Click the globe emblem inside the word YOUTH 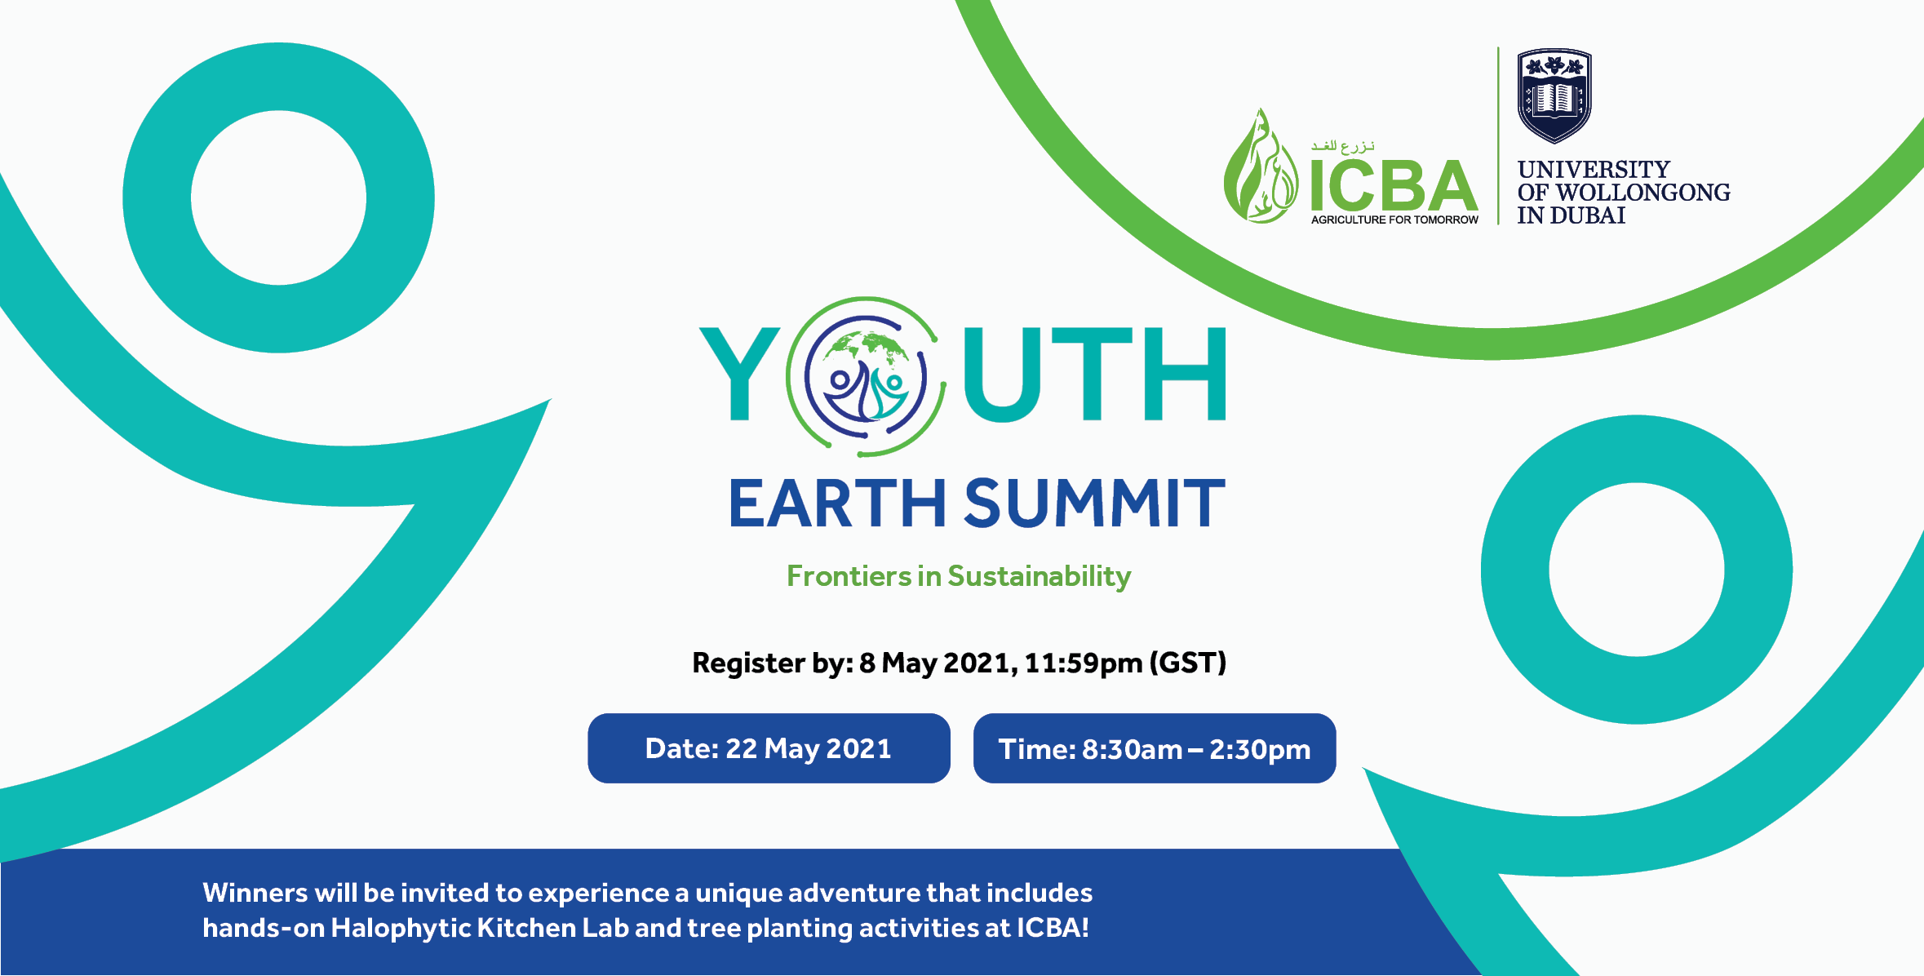(x=866, y=376)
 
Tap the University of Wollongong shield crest (x=1554, y=95)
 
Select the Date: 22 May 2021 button (x=768, y=748)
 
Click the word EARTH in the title (x=837, y=504)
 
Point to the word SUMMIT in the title (x=1094, y=504)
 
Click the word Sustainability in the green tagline (x=1039, y=577)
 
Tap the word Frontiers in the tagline (x=849, y=576)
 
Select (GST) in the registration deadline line (x=1187, y=663)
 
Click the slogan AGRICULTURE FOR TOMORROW (x=1394, y=220)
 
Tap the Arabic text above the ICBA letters (x=1342, y=146)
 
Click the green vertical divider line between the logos (x=1498, y=135)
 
